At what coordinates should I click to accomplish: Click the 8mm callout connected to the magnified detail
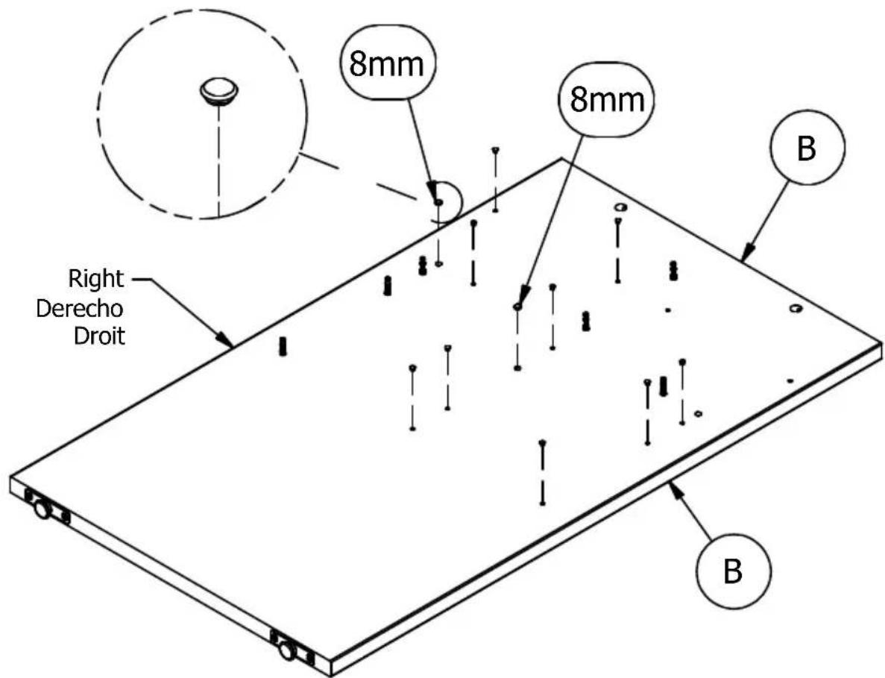click(387, 63)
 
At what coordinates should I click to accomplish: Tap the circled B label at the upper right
click(807, 148)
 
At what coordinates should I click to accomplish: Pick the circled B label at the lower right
click(733, 571)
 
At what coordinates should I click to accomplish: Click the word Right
click(95, 278)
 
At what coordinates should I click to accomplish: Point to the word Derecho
click(80, 308)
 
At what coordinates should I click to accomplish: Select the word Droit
click(99, 336)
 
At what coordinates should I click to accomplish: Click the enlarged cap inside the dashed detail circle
click(219, 91)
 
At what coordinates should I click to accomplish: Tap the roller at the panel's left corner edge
click(42, 509)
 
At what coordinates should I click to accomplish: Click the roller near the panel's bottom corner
click(287, 650)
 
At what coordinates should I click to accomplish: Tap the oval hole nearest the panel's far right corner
click(796, 308)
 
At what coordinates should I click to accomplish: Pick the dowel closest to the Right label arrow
click(283, 346)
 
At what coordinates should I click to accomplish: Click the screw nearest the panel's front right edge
click(542, 472)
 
